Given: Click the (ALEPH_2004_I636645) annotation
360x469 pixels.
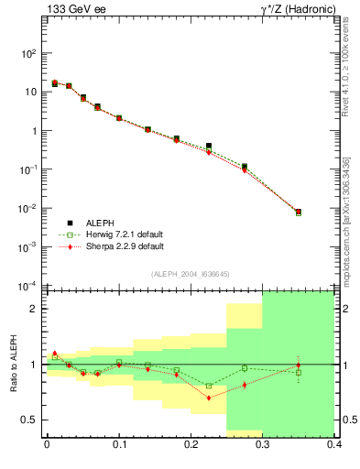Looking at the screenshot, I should [190, 274].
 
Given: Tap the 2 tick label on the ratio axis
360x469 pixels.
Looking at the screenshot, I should [34, 309].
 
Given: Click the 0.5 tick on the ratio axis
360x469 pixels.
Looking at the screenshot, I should [30, 420].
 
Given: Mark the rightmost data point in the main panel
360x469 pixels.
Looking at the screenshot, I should [299, 212].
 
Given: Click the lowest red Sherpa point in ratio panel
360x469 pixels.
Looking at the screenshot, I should [209, 398].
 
